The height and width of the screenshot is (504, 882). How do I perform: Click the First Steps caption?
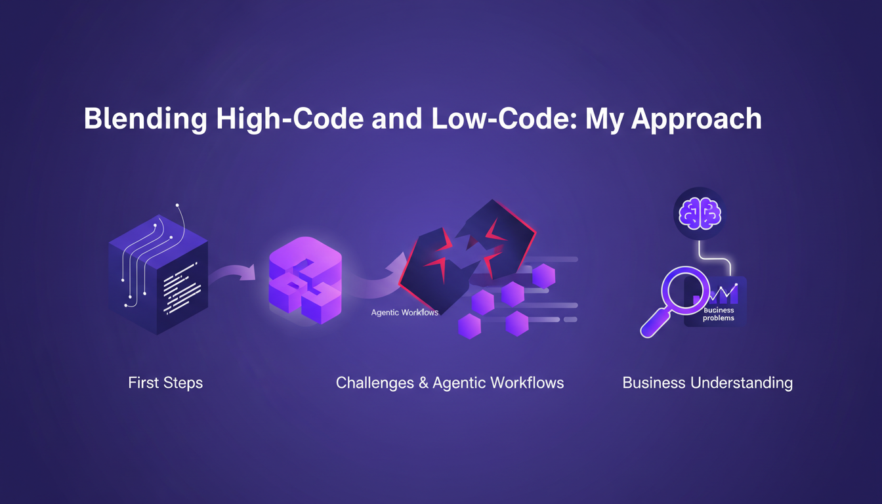point(165,383)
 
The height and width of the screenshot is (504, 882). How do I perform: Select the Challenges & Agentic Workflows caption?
point(450,383)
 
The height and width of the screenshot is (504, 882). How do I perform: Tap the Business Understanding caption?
point(707,383)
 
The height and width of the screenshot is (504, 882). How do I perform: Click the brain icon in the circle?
point(699,214)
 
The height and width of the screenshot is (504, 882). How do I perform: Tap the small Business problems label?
point(718,314)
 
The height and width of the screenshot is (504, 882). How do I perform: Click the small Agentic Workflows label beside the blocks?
point(404,312)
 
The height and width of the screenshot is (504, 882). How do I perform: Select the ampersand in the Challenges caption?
point(425,383)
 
